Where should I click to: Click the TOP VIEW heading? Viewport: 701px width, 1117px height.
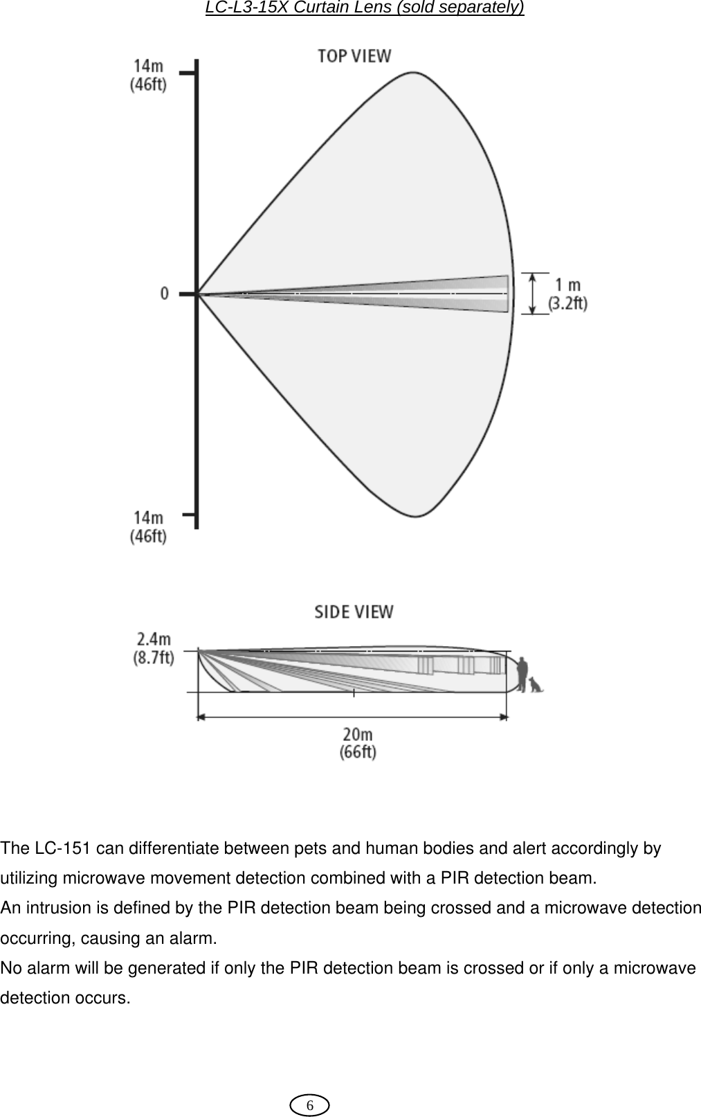point(354,56)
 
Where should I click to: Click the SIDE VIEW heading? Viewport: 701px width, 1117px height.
point(354,612)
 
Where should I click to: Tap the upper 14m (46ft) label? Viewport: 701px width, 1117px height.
point(149,75)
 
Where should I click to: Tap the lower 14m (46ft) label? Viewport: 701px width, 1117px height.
point(149,527)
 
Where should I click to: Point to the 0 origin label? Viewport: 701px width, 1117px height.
point(165,294)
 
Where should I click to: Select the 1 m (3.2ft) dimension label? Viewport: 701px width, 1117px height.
point(567,294)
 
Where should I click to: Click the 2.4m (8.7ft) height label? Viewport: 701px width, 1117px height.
point(153,647)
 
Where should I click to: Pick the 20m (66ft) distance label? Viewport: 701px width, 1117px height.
point(358,742)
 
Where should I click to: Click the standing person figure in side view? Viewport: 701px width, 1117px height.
point(522,674)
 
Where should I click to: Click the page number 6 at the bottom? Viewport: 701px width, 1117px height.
point(310,1105)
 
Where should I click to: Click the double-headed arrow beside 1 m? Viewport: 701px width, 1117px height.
point(533,294)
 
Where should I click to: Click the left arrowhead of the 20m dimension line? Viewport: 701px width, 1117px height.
point(201,717)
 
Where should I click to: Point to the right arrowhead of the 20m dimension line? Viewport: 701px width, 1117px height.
point(504,717)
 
